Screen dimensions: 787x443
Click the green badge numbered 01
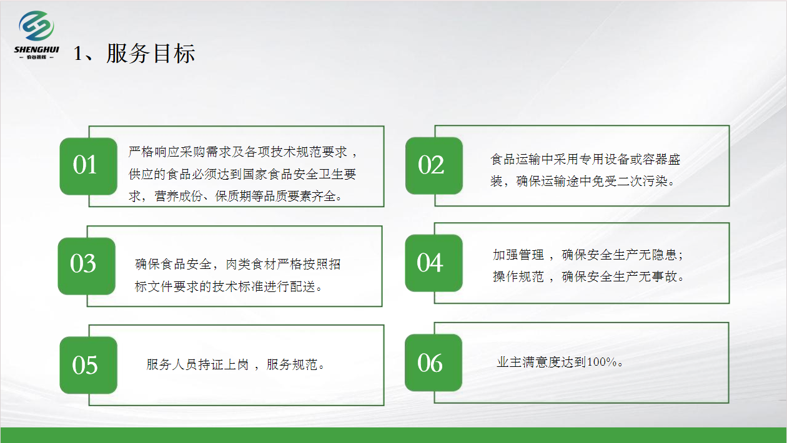pyautogui.click(x=89, y=166)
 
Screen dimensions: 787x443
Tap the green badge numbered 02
pyautogui.click(x=434, y=166)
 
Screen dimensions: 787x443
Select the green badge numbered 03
pyautogui.click(x=87, y=266)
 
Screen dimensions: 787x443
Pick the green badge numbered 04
pyautogui.click(x=434, y=263)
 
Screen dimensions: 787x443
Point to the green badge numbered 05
pyautogui.click(x=89, y=365)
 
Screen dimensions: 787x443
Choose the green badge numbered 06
pyautogui.click(x=433, y=363)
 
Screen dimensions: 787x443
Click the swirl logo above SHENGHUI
pyautogui.click(x=36, y=26)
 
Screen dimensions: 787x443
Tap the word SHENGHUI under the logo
pyautogui.click(x=36, y=49)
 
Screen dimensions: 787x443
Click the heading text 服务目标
pyautogui.click(x=151, y=54)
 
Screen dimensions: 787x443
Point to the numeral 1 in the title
pyautogui.click(x=77, y=54)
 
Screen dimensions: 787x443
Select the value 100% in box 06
pyautogui.click(x=602, y=362)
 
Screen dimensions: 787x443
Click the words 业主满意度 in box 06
pyautogui.click(x=528, y=362)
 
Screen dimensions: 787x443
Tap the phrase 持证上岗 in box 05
pyautogui.click(x=223, y=365)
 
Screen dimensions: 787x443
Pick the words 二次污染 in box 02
pyautogui.click(x=642, y=181)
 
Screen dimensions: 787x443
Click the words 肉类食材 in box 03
pyautogui.click(x=251, y=265)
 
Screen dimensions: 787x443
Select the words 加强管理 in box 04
pyautogui.click(x=518, y=255)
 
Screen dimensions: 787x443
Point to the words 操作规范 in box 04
pyautogui.click(x=518, y=276)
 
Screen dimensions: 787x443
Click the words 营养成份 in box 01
pyautogui.click(x=179, y=196)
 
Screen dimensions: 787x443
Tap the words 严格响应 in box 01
pyautogui.click(x=154, y=152)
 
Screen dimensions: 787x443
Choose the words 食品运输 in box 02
pyautogui.click(x=516, y=159)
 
